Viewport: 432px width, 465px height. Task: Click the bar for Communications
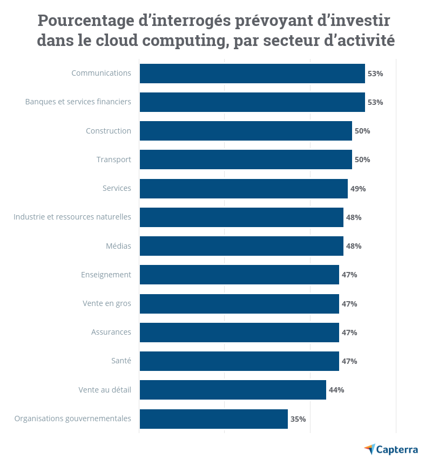pyautogui.click(x=252, y=74)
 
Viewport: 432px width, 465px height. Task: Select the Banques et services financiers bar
pyautogui.click(x=252, y=102)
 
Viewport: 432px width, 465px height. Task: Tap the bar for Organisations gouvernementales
pyautogui.click(x=213, y=419)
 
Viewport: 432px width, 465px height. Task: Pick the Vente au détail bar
pyautogui.click(x=233, y=390)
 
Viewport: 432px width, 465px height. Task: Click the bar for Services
pyautogui.click(x=244, y=189)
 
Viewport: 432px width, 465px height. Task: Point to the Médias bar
pyautogui.click(x=241, y=246)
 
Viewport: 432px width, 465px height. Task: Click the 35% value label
pyautogui.click(x=298, y=419)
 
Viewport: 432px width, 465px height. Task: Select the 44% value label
pyautogui.click(x=336, y=390)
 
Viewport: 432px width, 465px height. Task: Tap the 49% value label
pyautogui.click(x=358, y=189)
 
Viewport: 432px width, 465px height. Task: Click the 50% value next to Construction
pyautogui.click(x=362, y=131)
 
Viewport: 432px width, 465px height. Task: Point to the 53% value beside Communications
pyautogui.click(x=375, y=74)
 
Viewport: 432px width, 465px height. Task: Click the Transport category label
pyautogui.click(x=113, y=160)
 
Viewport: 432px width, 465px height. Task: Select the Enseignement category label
pyautogui.click(x=106, y=275)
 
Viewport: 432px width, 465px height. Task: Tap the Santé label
pyautogui.click(x=120, y=361)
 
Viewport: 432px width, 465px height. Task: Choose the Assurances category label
pyautogui.click(x=111, y=332)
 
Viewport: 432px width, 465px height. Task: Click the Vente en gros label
pyautogui.click(x=106, y=303)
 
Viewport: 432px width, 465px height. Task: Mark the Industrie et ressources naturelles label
pyautogui.click(x=72, y=217)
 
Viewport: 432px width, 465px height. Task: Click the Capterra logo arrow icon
pyautogui.click(x=369, y=449)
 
